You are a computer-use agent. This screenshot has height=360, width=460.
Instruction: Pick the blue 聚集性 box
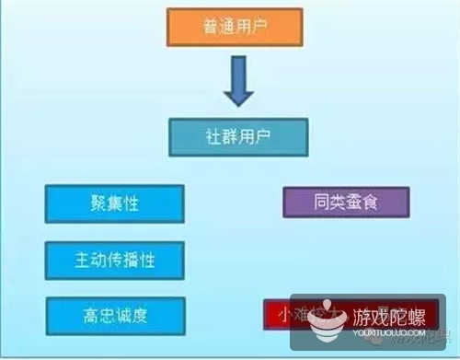[113, 201]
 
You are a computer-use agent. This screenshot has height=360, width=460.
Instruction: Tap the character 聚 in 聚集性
[92, 201]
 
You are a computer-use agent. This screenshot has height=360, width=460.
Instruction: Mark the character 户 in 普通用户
[260, 28]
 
